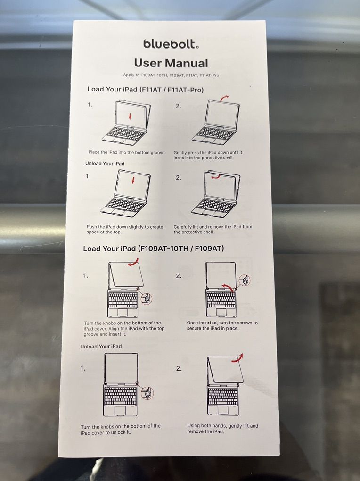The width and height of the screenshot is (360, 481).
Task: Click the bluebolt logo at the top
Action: coord(171,44)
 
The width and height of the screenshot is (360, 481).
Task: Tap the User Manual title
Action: coord(171,63)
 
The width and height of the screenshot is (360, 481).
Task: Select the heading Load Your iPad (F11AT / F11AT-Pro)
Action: coord(145,90)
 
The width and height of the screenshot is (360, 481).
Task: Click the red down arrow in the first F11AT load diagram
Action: coord(130,116)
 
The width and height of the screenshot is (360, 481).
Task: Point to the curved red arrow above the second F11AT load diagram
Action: coord(224,97)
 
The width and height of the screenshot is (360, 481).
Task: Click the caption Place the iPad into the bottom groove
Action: coord(127,152)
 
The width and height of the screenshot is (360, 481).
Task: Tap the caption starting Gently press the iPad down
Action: coord(208,155)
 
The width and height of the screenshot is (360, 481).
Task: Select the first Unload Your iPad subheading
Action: coord(105,164)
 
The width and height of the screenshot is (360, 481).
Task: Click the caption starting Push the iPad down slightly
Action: coord(125,230)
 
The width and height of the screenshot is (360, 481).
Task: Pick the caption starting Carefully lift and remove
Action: coord(213,230)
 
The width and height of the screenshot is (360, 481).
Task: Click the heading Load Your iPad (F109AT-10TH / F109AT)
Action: coord(153,249)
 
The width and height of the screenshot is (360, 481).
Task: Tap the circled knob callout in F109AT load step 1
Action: coord(146,298)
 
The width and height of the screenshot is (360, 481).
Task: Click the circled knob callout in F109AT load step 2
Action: coord(245,281)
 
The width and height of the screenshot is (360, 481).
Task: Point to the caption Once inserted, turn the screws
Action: coord(222,325)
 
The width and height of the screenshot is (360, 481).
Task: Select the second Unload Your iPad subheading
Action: coord(101,346)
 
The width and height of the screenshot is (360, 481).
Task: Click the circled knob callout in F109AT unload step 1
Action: coord(147,393)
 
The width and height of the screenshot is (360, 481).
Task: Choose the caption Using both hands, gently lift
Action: coord(223,429)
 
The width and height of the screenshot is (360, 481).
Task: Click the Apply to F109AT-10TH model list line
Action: coord(171,75)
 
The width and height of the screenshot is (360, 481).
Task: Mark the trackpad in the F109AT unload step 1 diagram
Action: coord(120,411)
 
